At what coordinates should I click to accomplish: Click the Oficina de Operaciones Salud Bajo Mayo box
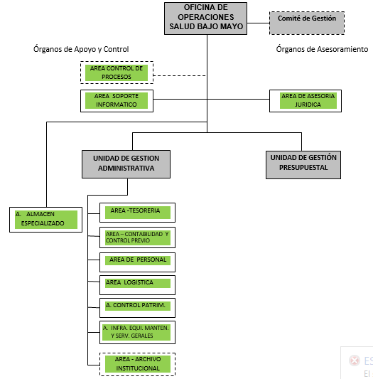click(x=206, y=18)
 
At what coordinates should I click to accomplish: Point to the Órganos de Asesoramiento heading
click(x=322, y=50)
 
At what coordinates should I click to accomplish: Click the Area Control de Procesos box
click(x=117, y=73)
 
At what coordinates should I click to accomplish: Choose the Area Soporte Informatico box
click(x=117, y=100)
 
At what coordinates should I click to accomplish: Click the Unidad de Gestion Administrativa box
click(x=126, y=164)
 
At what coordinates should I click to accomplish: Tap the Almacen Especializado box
click(x=45, y=218)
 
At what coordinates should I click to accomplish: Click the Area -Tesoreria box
click(x=137, y=212)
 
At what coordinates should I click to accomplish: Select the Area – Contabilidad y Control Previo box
click(x=137, y=237)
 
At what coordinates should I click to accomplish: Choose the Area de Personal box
click(x=137, y=261)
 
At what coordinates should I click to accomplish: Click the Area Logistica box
click(x=137, y=284)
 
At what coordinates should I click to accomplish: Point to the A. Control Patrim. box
click(x=137, y=306)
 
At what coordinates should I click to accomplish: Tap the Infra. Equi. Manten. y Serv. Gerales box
click(x=137, y=331)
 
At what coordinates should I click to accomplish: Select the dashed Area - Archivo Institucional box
click(x=137, y=363)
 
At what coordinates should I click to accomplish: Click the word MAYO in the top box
click(x=231, y=26)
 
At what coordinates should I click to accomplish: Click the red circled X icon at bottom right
click(x=354, y=361)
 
